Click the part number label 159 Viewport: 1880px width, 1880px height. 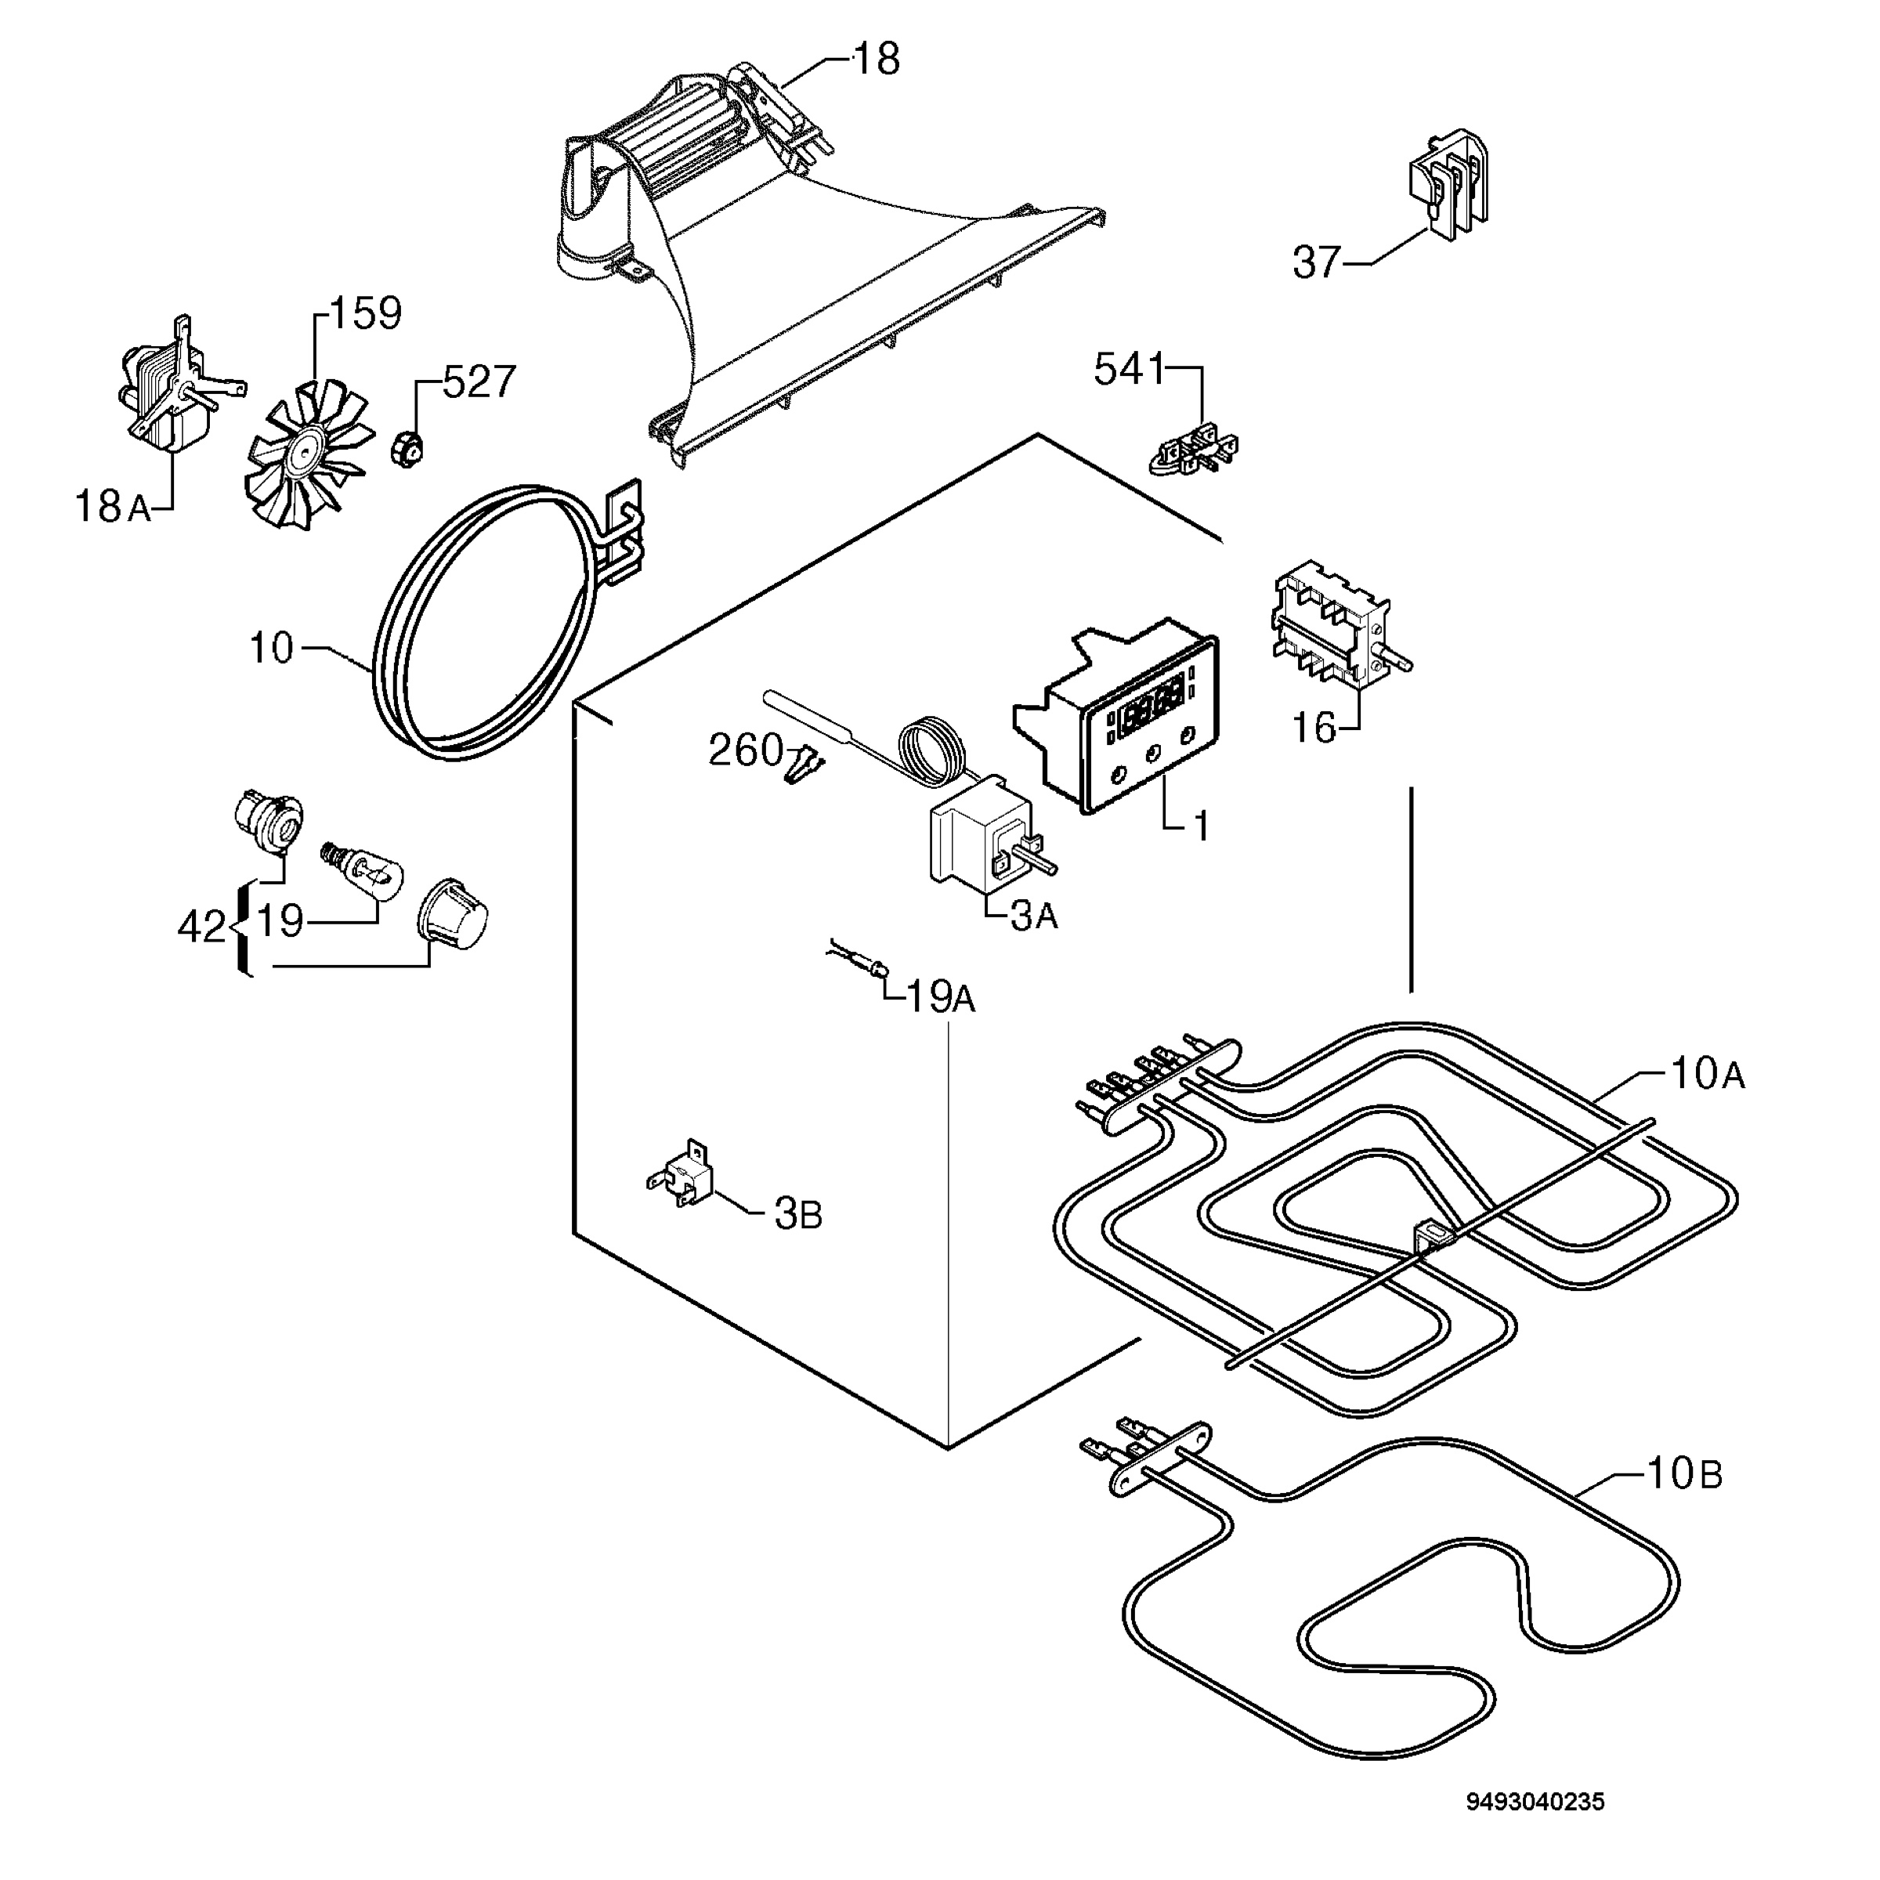(365, 313)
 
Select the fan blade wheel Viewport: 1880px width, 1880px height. (309, 454)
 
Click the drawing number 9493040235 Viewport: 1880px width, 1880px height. (1535, 1802)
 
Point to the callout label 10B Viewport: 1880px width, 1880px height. (1684, 1474)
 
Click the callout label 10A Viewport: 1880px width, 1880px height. (1708, 1073)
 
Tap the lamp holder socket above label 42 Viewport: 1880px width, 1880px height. (269, 815)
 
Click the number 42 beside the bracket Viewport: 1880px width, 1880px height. (201, 927)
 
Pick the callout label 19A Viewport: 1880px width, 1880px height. (941, 996)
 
